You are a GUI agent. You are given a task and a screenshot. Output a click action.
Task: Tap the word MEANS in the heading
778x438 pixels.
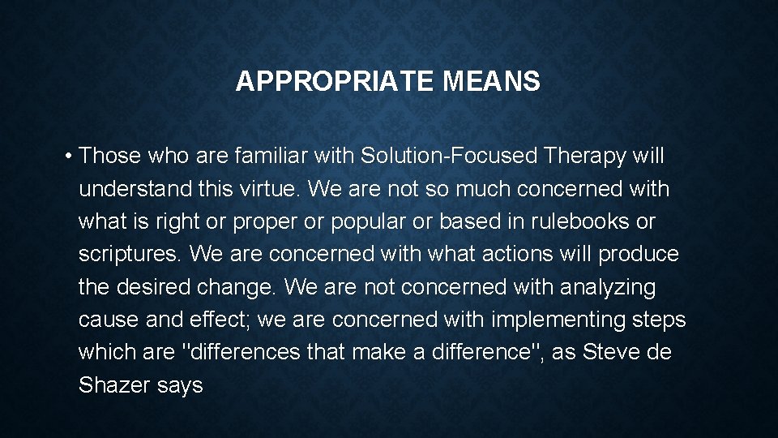(x=491, y=81)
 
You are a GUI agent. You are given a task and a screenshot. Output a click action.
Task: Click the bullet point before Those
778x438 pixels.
(x=71, y=155)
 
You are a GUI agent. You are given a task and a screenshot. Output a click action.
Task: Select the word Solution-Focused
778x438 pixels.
(x=450, y=155)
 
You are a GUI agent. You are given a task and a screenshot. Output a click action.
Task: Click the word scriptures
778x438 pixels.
(x=130, y=255)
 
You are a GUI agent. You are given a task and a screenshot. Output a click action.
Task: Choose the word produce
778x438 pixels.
(x=639, y=255)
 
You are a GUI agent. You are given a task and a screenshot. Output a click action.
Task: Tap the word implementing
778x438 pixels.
(x=558, y=320)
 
